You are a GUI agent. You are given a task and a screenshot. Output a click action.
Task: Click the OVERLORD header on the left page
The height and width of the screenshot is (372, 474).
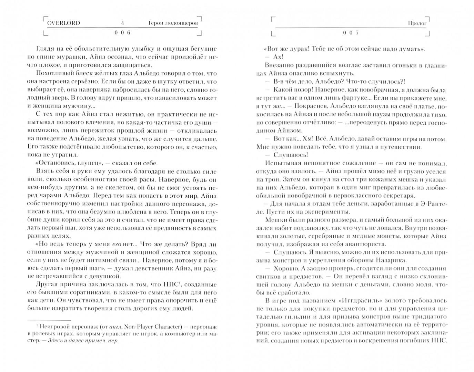coord(63,23)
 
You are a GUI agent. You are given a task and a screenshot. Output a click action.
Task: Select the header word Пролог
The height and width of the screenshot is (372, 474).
coord(417,23)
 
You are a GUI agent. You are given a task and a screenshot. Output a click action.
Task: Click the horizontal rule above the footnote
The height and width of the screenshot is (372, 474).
coord(49,319)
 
